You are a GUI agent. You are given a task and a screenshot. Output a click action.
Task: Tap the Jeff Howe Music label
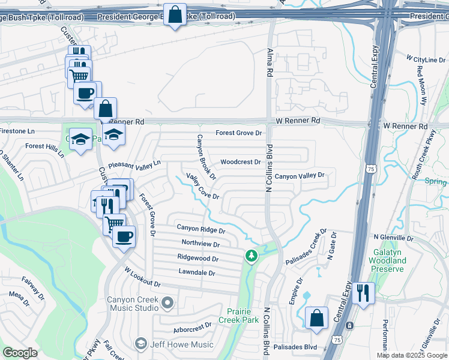pos(181,344)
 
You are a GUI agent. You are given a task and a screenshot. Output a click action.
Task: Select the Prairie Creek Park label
pos(243,316)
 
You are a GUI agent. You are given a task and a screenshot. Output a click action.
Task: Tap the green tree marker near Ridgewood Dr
pos(251,256)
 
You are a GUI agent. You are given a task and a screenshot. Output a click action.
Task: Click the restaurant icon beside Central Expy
pos(363,293)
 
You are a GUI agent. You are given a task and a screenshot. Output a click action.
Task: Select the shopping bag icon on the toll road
pos(174,16)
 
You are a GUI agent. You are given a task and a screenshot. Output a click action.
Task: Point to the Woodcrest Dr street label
pos(241,162)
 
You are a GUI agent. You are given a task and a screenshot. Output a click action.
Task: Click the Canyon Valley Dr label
pos(300,176)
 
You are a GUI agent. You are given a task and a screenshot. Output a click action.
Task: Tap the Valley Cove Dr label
pos(203,186)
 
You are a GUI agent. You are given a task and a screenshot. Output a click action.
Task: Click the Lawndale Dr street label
pos(196,272)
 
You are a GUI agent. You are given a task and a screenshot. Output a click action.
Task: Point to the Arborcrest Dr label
pos(191,326)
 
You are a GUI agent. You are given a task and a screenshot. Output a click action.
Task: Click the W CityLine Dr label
pos(426,60)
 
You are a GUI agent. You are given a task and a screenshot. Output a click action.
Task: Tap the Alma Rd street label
pos(270,62)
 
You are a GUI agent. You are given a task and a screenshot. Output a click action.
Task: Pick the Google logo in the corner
pos(20,353)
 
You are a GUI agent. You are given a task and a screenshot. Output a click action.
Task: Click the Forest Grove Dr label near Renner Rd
pos(240,133)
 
